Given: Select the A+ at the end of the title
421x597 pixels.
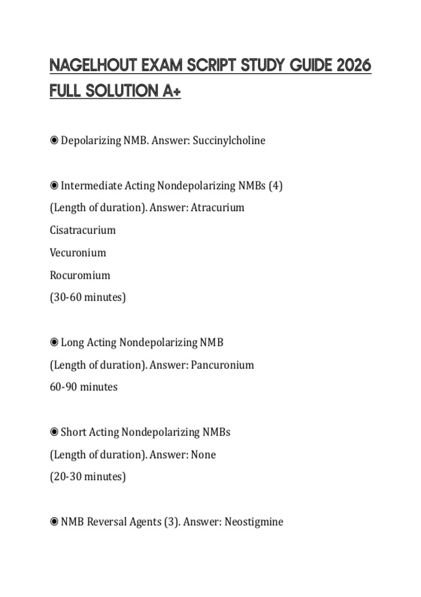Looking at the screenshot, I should point(172,91).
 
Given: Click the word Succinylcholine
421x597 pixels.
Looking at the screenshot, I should point(229,140).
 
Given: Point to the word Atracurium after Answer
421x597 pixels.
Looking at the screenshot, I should point(218,208).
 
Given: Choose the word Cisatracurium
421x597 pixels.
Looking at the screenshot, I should point(82,230).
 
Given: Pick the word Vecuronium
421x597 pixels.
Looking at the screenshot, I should point(78,252).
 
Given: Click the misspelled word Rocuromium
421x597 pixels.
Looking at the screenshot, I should point(80,275).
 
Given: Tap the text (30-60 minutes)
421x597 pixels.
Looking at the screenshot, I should point(88,297).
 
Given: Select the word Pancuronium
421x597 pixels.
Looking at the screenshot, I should point(222,365).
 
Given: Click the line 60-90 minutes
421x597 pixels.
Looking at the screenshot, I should point(83,387).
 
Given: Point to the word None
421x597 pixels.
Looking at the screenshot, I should point(203,455).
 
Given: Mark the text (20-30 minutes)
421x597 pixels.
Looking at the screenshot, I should point(88,477).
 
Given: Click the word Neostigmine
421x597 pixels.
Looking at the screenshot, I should point(254,522).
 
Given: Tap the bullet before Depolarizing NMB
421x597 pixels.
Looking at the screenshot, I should point(54,140).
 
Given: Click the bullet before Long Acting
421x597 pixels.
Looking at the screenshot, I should point(54,342).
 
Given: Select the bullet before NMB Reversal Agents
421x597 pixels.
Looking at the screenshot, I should point(54,522).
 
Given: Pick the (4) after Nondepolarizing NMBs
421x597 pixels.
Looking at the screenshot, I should point(275,185).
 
